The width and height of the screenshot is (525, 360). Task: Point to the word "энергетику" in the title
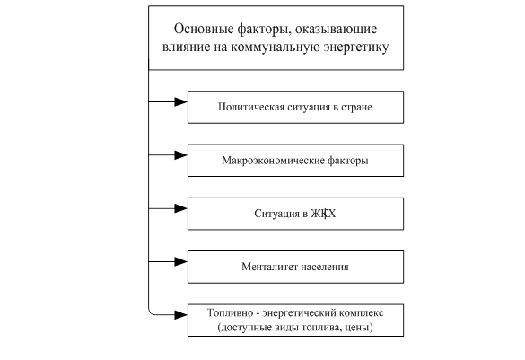[356, 48]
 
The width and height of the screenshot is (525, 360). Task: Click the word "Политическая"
[251, 107]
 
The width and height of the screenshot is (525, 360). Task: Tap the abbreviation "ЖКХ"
[323, 214]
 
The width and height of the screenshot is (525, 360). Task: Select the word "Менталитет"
[269, 267]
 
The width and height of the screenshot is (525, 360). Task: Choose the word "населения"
[325, 267]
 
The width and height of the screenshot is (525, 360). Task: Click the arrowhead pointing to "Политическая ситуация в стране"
[180, 101]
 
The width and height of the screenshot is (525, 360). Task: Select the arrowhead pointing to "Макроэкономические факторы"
[180, 155]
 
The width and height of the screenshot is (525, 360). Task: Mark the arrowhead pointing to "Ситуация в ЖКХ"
[180, 208]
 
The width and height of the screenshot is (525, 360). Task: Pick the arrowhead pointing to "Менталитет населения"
[180, 261]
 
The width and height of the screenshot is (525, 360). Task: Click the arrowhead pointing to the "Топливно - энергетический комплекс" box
[180, 315]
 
